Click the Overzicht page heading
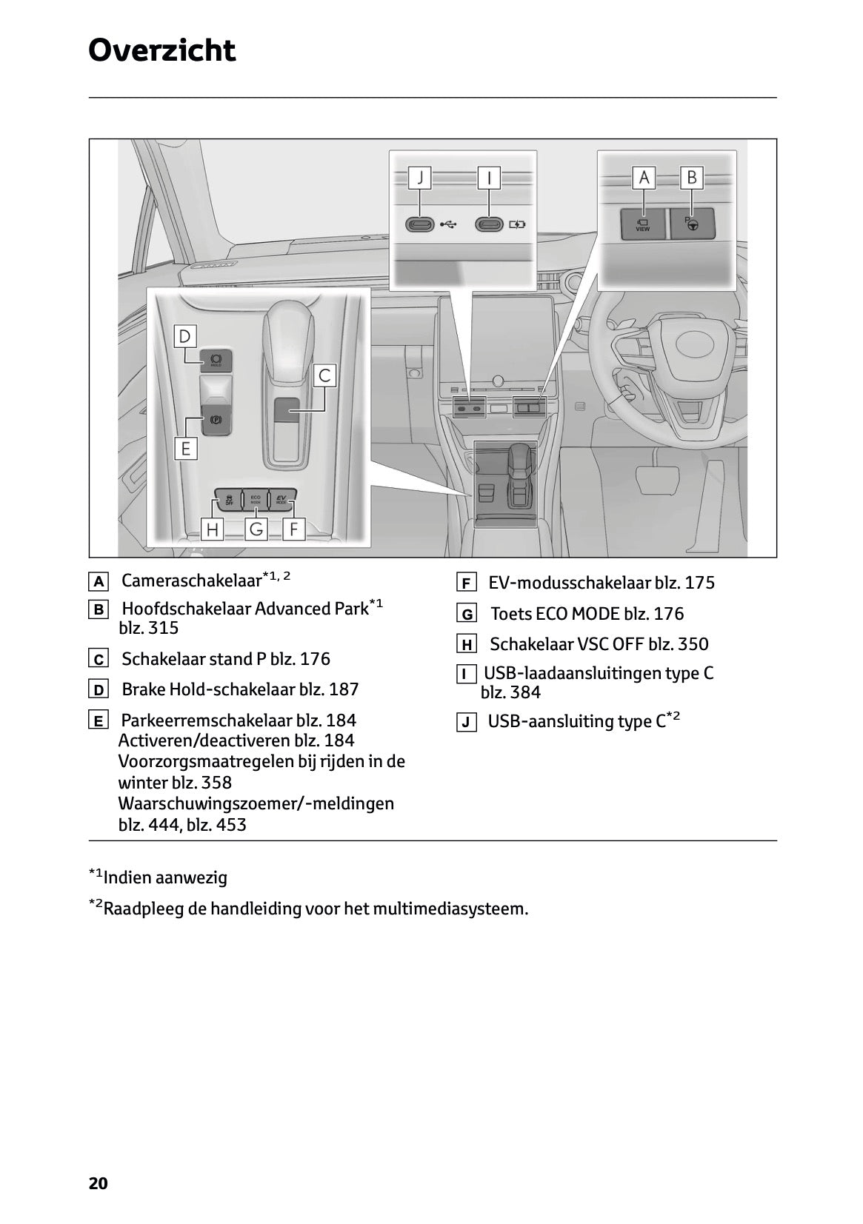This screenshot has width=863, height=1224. click(x=161, y=50)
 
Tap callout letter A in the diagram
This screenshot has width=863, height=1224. click(x=643, y=178)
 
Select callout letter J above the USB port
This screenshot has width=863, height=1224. click(x=420, y=178)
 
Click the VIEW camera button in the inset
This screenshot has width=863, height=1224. click(x=642, y=224)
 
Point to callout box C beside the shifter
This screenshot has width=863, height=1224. click(x=324, y=375)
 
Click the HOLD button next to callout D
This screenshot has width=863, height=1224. click(x=216, y=360)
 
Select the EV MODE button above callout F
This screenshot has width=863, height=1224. click(x=281, y=498)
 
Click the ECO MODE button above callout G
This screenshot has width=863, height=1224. click(x=256, y=498)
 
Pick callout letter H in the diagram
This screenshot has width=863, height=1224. click(x=213, y=529)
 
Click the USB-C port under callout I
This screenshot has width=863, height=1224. click(x=489, y=224)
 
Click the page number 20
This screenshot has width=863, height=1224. click(x=98, y=1183)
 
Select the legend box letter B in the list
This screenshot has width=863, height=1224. click(x=98, y=610)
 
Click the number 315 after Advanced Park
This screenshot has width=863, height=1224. click(x=164, y=628)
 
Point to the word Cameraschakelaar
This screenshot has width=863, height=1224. click(x=191, y=581)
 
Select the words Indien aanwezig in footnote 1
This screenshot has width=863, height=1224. click(x=165, y=878)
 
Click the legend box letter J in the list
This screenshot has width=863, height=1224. click(x=466, y=723)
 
